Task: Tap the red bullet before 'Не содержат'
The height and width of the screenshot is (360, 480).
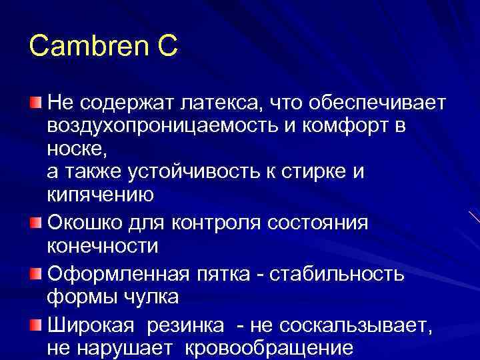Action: click(x=35, y=102)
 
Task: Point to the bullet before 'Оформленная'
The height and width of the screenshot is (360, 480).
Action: click(x=35, y=272)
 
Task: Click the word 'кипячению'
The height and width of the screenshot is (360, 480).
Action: click(x=101, y=195)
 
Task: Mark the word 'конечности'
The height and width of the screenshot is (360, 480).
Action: click(x=103, y=246)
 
